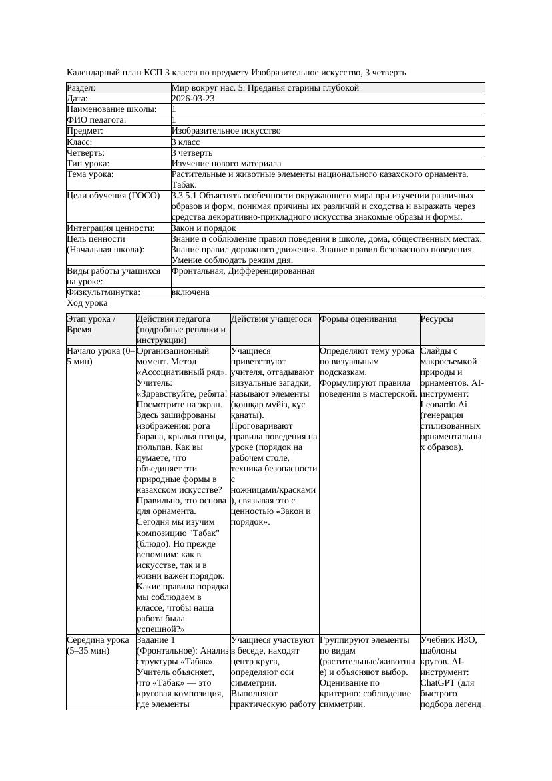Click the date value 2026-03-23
tap(193, 99)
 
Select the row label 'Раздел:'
tap(81, 87)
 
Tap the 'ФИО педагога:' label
tap(97, 120)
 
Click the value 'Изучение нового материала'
tap(226, 164)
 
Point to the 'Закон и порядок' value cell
tap(203, 228)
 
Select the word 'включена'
tap(190, 292)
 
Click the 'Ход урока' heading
tap(87, 303)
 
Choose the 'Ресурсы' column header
tap(437, 319)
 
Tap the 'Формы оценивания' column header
tap(358, 319)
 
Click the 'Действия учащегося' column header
tap(271, 319)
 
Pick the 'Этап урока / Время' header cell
tap(91, 324)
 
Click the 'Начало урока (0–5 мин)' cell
tap(100, 356)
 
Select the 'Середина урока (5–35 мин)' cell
tap(98, 645)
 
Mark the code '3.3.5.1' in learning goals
tap(186, 196)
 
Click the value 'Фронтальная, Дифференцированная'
tap(243, 271)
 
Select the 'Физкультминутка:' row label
tap(103, 292)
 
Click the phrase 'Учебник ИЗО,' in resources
tap(448, 639)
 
